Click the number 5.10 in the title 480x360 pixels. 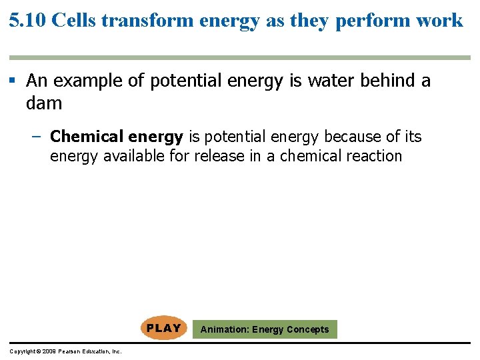pyautogui.click(x=27, y=20)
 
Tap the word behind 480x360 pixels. pyautogui.click(x=387, y=81)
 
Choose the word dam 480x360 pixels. pyautogui.click(x=44, y=103)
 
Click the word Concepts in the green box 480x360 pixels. pyautogui.click(x=307, y=329)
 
